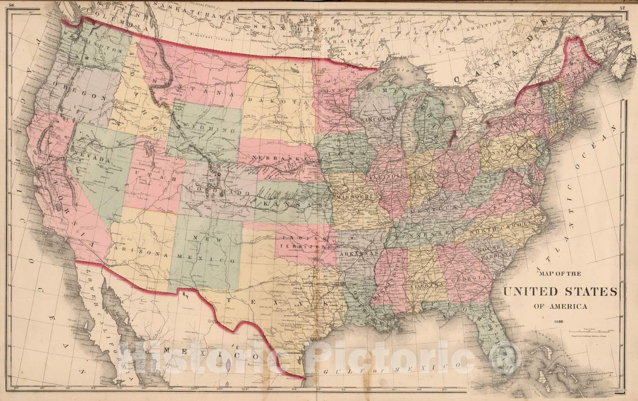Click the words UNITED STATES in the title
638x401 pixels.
[x=560, y=292]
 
